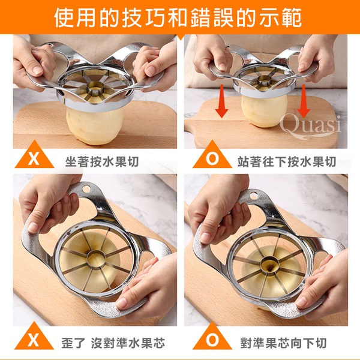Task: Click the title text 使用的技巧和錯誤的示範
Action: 178,17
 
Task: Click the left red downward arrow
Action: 221,101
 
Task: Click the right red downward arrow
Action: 304,101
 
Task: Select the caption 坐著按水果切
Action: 102,161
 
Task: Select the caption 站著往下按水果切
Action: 287,161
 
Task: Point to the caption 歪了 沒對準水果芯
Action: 113,343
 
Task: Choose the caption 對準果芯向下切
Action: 284,343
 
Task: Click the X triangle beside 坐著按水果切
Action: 34,156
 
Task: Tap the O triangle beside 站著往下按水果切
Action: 212,156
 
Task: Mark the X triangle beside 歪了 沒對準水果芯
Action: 34,337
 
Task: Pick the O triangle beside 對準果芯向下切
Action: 212,337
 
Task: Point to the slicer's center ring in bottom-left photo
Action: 96,259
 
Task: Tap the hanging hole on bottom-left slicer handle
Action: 86,189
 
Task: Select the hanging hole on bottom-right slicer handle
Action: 253,196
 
